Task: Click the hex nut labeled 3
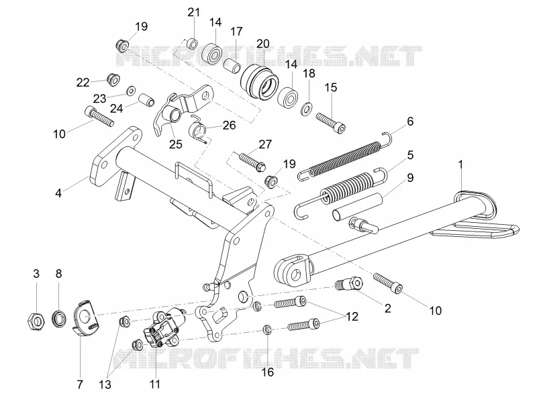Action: click(36, 321)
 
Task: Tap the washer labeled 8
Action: click(59, 318)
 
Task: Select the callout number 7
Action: click(80, 384)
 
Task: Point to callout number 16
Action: click(268, 372)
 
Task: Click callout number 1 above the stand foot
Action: click(460, 164)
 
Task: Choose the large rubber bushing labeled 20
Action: click(259, 81)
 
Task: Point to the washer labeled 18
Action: click(306, 107)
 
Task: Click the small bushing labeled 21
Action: click(192, 44)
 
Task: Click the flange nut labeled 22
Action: click(113, 80)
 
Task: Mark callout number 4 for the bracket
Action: click(58, 193)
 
